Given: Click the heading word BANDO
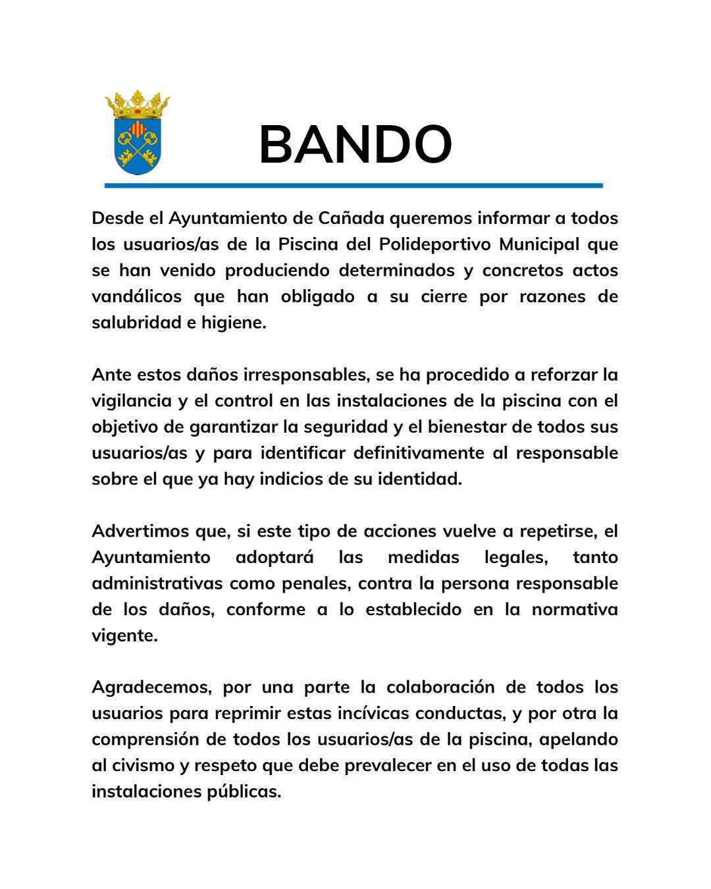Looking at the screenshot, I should coord(355,145).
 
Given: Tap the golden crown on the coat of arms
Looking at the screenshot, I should coord(137,104).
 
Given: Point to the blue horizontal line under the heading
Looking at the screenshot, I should coord(354,186).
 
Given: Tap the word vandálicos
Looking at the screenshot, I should coord(136,296).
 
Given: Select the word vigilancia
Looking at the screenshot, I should coord(131,400).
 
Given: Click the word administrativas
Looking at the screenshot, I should coord(158,583).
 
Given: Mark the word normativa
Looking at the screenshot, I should coord(575,609).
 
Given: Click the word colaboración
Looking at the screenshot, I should coord(440,687).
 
